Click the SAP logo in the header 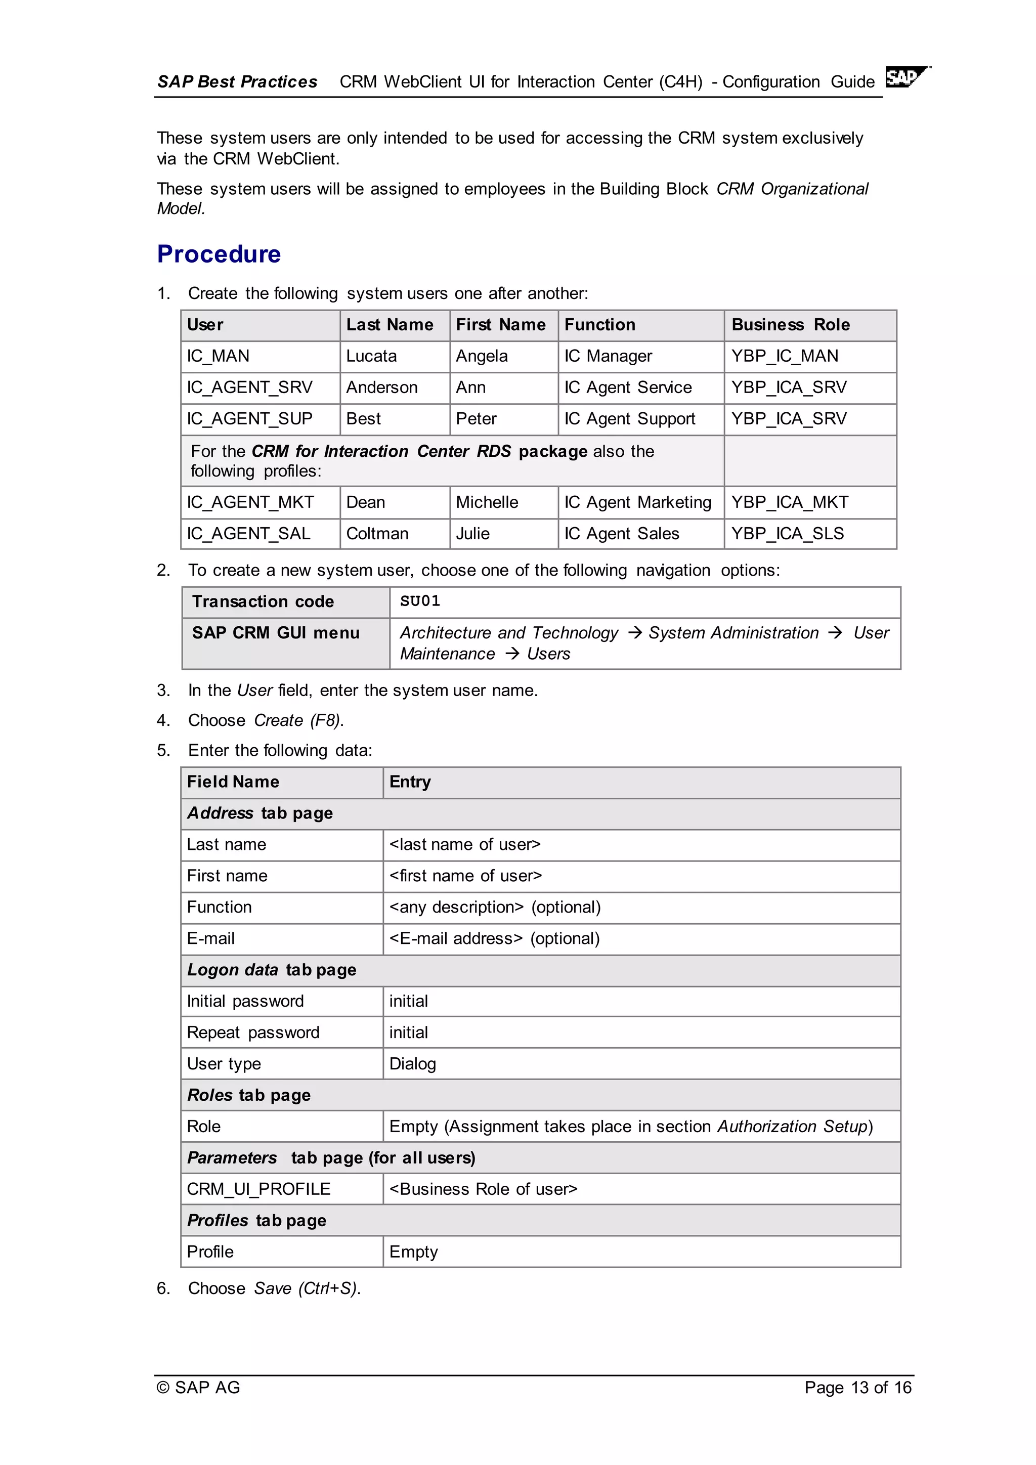906,77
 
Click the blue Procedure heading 219,254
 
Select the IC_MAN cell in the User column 218,356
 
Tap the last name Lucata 371,356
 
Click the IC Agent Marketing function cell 637,503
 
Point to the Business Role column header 790,325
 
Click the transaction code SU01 420,601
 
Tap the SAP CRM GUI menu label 276,633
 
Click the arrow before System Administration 634,632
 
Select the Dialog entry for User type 413,1064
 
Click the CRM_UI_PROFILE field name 258,1189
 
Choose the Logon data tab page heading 271,970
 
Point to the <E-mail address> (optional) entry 494,938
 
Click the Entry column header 410,782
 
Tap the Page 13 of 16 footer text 857,1388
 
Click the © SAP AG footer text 198,1388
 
